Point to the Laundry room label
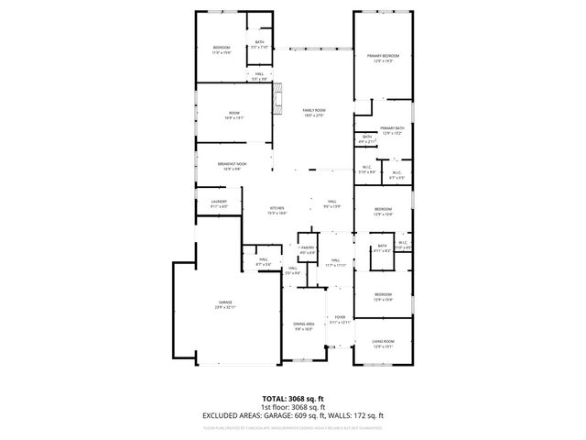219,203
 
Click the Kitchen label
277,209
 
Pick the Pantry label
307,249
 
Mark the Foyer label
340,319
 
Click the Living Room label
383,344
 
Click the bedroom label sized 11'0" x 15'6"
222,49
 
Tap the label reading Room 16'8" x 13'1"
233,115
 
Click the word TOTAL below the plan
277,399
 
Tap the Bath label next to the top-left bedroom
259,45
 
